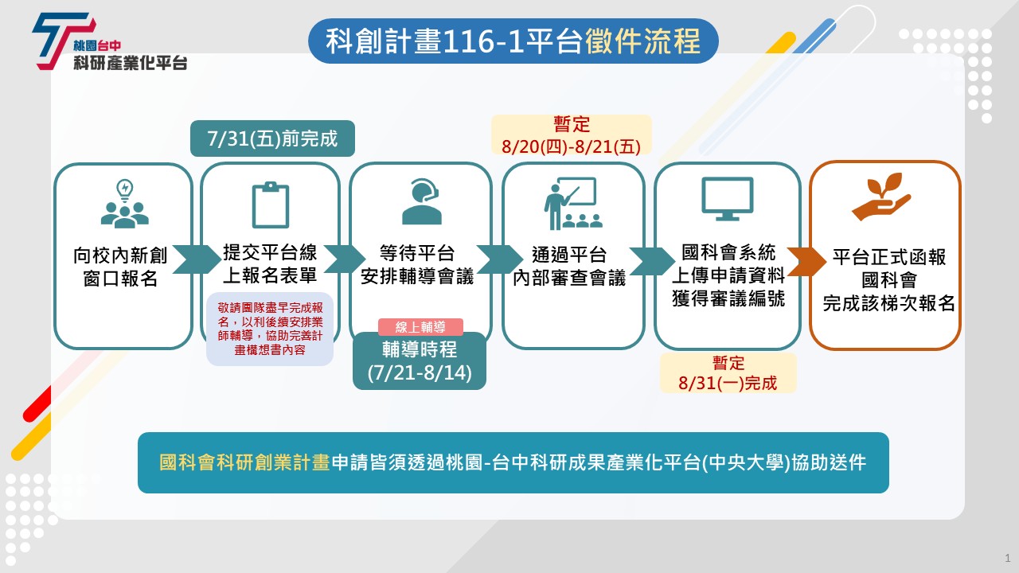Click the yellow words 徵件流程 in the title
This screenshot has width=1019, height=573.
click(642, 41)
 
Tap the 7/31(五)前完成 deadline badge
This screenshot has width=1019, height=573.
click(272, 138)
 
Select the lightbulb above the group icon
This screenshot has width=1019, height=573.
click(125, 190)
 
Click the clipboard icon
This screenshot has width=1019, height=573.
click(271, 205)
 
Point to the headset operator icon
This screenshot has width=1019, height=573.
click(422, 201)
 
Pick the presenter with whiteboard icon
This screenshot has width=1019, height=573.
click(573, 203)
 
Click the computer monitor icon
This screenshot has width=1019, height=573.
click(728, 199)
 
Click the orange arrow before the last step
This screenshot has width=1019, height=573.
click(806, 262)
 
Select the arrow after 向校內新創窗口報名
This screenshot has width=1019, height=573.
click(197, 259)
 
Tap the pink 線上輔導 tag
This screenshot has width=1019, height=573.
click(420, 326)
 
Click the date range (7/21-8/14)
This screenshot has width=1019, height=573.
click(420, 372)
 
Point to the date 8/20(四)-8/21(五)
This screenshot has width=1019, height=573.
click(571, 146)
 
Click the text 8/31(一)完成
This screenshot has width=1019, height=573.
click(728, 383)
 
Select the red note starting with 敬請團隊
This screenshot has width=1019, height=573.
click(270, 329)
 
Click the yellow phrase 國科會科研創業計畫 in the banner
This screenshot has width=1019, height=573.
click(244, 462)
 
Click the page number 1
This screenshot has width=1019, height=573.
click(1008, 558)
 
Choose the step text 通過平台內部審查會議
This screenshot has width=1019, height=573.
click(569, 266)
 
